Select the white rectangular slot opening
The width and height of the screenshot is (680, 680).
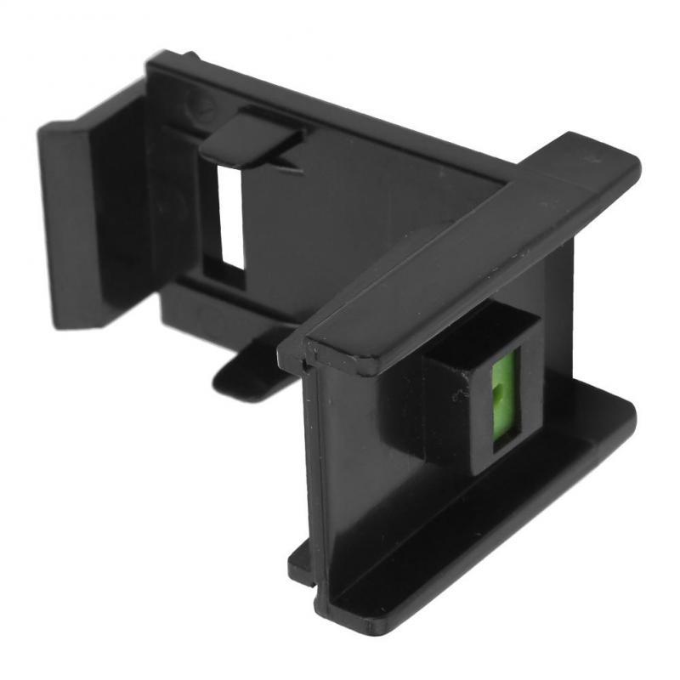coord(230,212)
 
